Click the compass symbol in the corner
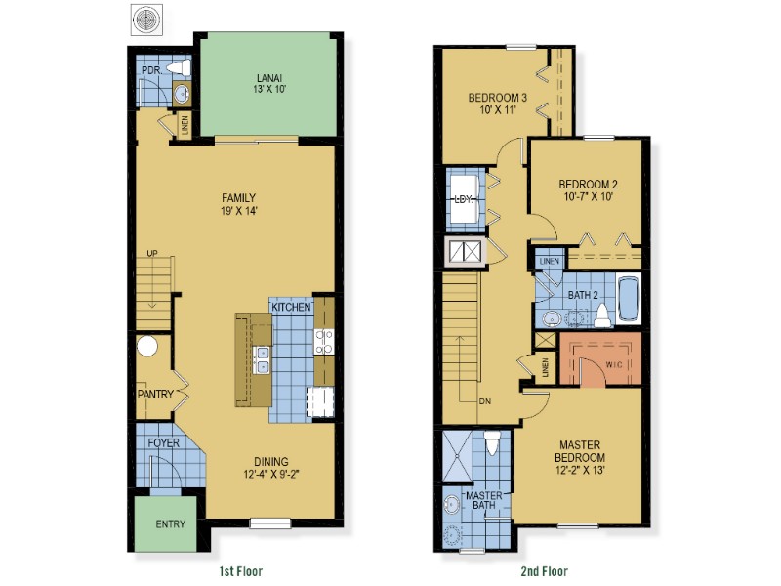pos(146,20)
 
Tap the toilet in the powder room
pos(180,67)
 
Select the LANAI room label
pos(269,78)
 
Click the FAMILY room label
pos(238,198)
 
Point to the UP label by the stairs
pos(152,253)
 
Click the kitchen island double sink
pos(262,359)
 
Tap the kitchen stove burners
pos(324,342)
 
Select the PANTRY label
pos(155,395)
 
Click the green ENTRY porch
pos(166,523)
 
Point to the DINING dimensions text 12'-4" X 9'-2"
pos(271,474)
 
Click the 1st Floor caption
pos(240,571)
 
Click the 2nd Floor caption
pos(545,571)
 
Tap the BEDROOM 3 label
pos(498,97)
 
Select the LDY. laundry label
pos(463,199)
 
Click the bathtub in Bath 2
pos(629,299)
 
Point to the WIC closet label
pos(614,364)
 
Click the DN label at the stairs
pos(484,401)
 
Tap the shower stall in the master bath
pos(457,456)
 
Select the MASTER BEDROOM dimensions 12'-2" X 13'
pos(580,470)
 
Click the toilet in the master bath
pos(492,443)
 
